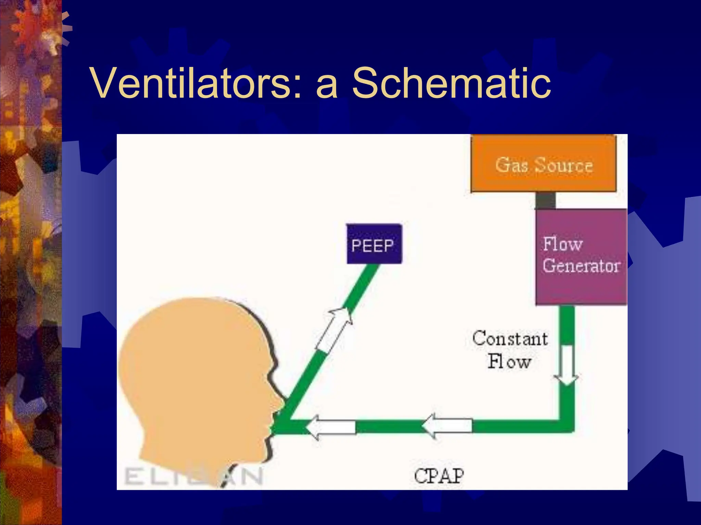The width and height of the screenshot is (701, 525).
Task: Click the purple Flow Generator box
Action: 581,256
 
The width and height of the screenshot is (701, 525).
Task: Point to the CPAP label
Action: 439,476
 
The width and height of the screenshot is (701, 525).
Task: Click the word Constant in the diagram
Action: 510,339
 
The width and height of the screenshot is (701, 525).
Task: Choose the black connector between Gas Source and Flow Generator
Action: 545,200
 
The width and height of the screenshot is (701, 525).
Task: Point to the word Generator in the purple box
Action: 581,266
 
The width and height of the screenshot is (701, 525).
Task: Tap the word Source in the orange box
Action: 563,165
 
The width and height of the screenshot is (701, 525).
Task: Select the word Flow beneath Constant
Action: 509,362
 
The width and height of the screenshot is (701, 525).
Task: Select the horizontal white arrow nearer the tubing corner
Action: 447,426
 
